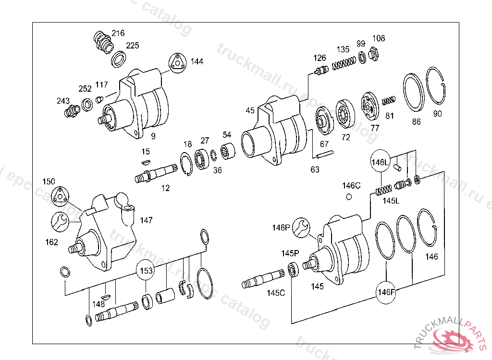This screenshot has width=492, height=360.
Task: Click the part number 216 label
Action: [118, 33]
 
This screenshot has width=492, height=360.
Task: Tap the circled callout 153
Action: [146, 271]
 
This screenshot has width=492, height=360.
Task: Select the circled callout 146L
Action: [379, 162]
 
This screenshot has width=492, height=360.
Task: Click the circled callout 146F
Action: [386, 292]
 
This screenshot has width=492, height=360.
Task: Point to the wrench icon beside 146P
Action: [302, 227]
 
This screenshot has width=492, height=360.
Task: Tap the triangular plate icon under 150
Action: [60, 195]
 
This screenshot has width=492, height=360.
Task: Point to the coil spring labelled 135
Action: [343, 63]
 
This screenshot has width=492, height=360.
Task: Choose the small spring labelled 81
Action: [388, 101]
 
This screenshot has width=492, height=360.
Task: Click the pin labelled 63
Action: [324, 155]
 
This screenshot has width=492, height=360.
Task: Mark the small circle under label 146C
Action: [349, 196]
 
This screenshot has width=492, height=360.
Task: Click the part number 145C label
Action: [276, 292]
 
